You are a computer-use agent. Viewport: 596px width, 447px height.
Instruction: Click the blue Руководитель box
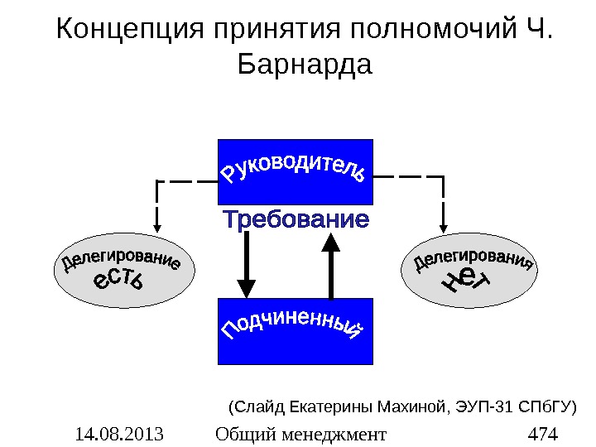tap(295, 171)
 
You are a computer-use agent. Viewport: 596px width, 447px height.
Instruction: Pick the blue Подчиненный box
tap(295, 331)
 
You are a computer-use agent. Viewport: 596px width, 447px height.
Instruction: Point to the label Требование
tap(296, 221)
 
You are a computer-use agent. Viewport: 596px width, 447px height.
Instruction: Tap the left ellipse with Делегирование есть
tap(120, 274)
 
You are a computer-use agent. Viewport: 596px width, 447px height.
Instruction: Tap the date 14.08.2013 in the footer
tap(118, 433)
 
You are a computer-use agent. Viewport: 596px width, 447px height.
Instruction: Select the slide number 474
tap(542, 433)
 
